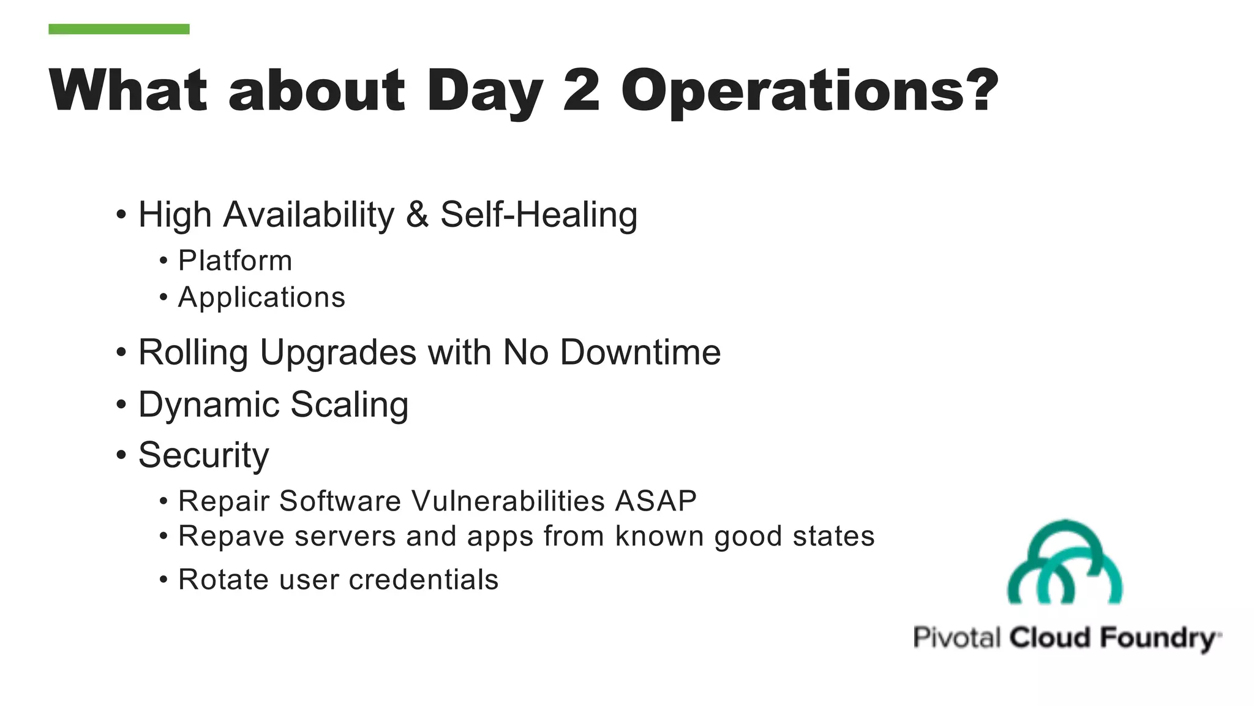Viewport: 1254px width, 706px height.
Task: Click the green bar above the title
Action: coord(119,29)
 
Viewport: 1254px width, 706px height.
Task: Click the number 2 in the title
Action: coord(581,90)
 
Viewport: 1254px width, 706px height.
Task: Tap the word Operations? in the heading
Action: coord(809,92)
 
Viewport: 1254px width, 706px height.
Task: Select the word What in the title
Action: coord(128,90)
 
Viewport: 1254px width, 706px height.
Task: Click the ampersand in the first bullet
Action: coord(416,214)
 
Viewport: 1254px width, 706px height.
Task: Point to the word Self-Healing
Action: coord(539,216)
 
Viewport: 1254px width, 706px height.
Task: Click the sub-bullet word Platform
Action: coord(235,260)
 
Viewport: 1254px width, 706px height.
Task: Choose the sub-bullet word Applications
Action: coord(261,298)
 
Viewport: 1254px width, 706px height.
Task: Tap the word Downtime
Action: coord(640,352)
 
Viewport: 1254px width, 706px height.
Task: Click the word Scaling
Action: coord(349,405)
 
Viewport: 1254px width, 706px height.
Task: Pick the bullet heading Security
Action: coord(203,455)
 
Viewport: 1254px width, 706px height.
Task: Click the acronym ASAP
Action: coord(655,501)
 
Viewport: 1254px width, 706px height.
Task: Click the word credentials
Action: coord(423,580)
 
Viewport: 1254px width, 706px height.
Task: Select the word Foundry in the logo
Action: coord(1157,638)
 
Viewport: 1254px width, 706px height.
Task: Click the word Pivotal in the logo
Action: coord(956,637)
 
